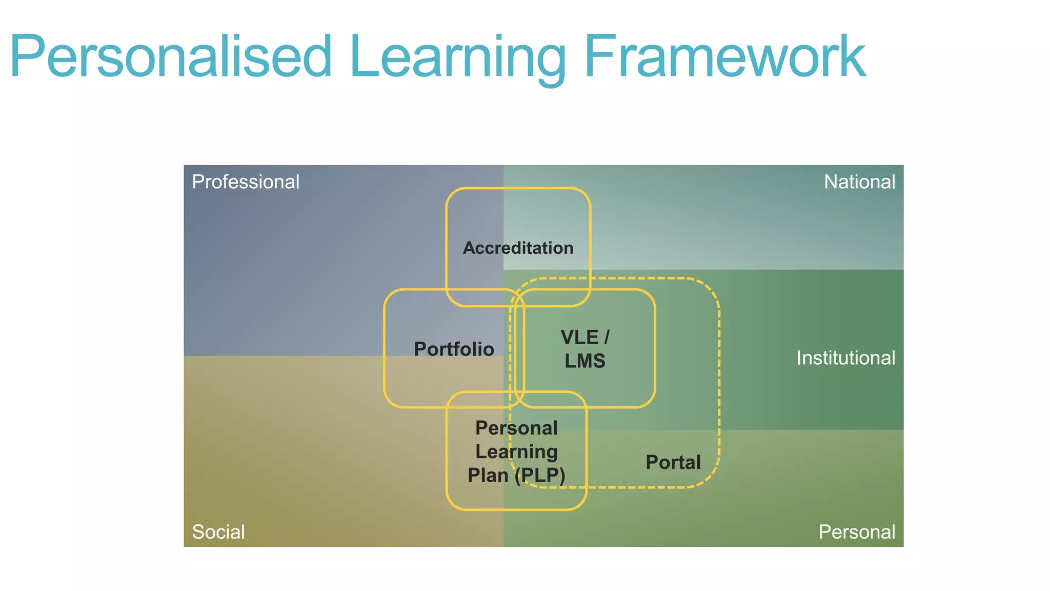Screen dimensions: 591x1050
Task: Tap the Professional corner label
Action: pos(246,182)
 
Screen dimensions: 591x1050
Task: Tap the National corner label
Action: pos(859,182)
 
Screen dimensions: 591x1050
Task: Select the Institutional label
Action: pos(845,358)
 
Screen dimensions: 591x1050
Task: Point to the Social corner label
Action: pos(218,532)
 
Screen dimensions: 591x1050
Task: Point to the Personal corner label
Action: pos(857,532)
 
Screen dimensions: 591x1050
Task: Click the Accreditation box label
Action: pos(518,248)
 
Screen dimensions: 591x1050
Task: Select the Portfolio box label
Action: pos(454,349)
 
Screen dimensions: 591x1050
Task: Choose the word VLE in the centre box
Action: pos(579,338)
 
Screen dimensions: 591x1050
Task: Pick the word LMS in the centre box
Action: pos(585,361)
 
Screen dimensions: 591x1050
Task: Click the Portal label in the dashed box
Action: pos(673,463)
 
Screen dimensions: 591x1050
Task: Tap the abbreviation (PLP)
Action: pos(540,476)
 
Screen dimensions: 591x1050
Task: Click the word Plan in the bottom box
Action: pos(488,476)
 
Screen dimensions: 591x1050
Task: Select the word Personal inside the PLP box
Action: pos(516,428)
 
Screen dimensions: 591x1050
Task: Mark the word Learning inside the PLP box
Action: pos(516,452)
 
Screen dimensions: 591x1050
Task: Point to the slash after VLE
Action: pos(607,338)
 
